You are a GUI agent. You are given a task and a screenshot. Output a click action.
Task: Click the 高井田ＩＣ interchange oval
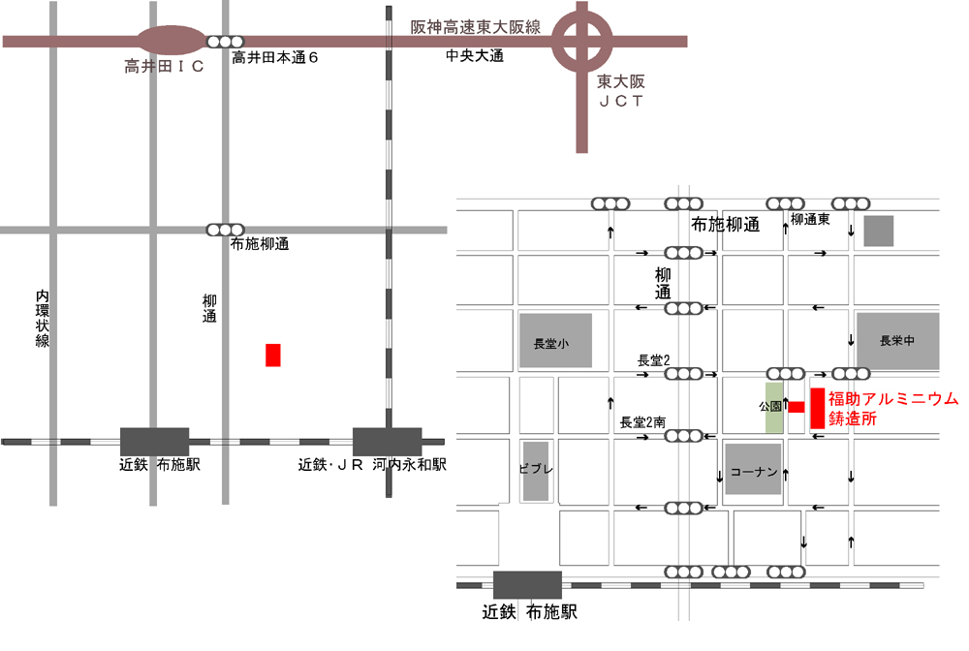171,41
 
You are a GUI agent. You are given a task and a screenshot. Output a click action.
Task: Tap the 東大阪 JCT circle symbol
581,41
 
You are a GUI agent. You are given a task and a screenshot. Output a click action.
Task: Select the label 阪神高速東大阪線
476,27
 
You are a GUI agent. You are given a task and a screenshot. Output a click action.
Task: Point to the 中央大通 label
475,57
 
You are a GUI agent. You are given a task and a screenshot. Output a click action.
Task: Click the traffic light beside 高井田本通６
225,41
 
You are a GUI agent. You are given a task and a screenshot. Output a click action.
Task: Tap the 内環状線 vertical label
42,318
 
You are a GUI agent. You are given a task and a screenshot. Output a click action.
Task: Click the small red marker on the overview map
273,355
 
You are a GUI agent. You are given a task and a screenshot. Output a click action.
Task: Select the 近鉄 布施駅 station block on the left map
154,441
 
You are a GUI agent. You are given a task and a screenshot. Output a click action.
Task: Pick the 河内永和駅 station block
387,441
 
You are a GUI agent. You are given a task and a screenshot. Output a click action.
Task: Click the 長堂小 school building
555,340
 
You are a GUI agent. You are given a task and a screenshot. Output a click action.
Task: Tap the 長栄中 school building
897,340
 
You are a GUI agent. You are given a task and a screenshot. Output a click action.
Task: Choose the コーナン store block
753,470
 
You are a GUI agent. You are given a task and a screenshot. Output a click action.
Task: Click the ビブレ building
536,471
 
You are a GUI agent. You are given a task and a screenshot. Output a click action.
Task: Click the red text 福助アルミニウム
892,398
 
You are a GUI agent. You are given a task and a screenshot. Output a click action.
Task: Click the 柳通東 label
810,220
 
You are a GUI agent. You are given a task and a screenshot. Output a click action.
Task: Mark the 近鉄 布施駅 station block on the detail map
527,585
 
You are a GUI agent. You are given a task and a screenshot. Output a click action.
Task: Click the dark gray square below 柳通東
878,231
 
